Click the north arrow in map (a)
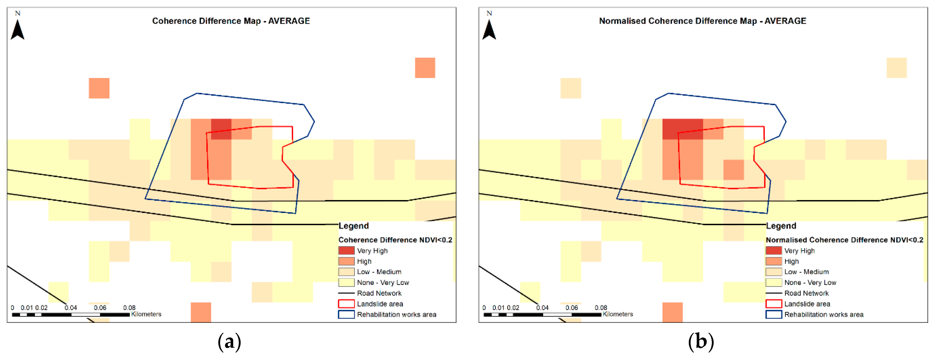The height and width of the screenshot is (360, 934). tap(17, 30)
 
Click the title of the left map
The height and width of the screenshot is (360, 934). tap(231, 21)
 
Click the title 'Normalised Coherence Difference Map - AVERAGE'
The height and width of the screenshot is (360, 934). tap(702, 21)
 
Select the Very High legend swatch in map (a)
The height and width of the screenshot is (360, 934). tap(346, 250)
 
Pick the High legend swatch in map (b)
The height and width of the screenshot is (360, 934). tap(773, 261)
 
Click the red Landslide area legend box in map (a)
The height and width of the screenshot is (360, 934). tap(346, 304)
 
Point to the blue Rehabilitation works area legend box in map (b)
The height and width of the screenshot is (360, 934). tap(773, 314)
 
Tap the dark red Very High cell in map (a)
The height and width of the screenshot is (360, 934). tap(221, 129)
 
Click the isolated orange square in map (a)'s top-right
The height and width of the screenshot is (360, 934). tap(425, 68)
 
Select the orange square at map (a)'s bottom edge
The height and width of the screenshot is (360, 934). tap(201, 312)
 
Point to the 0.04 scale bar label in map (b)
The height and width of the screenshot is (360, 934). tap(542, 308)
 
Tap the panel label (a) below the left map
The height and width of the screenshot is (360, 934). tap(229, 342)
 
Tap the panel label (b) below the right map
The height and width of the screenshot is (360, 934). tap(701, 342)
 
